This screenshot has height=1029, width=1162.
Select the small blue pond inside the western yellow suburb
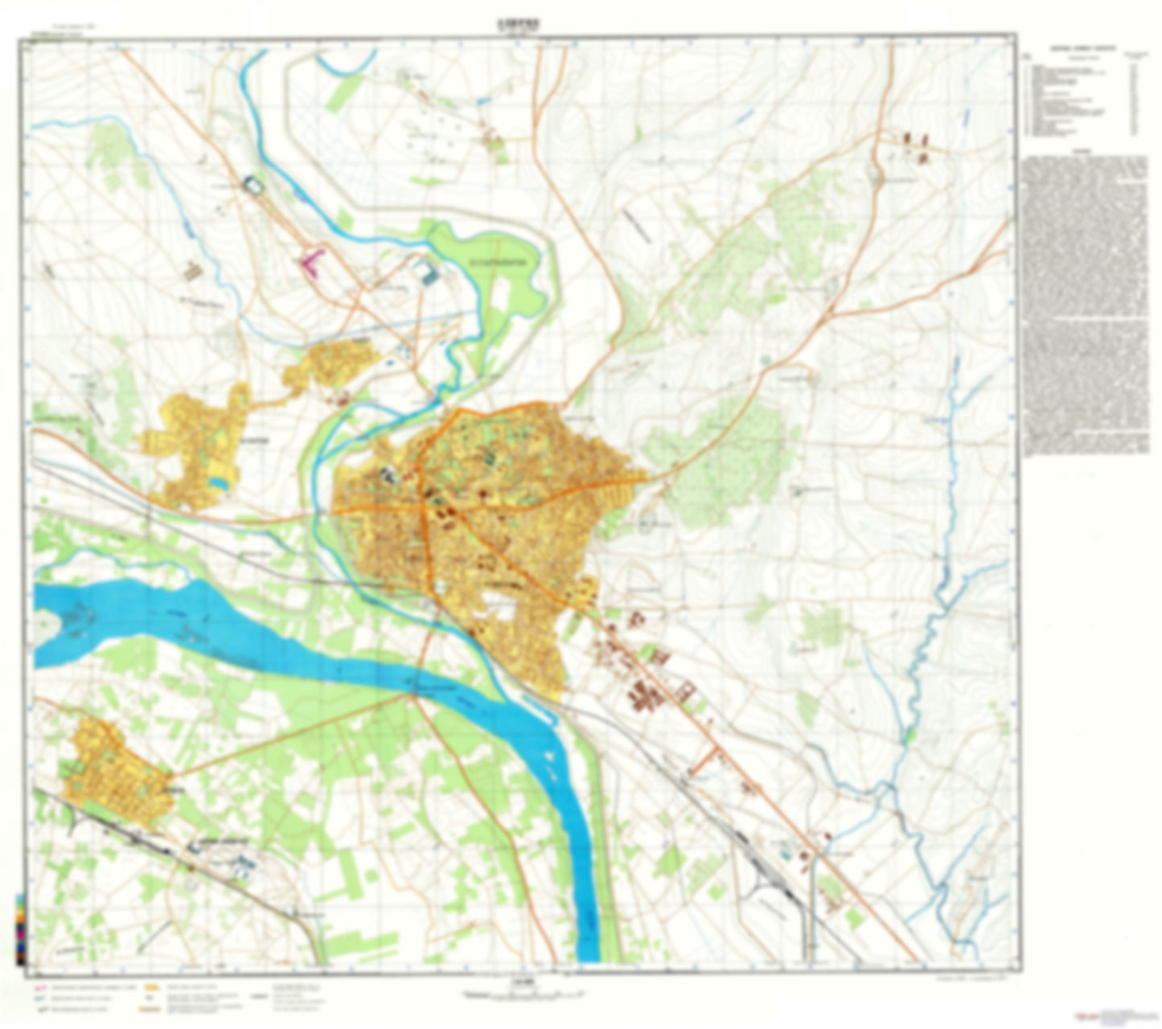pos(216,482)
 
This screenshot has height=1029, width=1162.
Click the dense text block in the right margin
pos(1085,305)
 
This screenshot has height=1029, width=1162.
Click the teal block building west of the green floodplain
pos(428,272)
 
